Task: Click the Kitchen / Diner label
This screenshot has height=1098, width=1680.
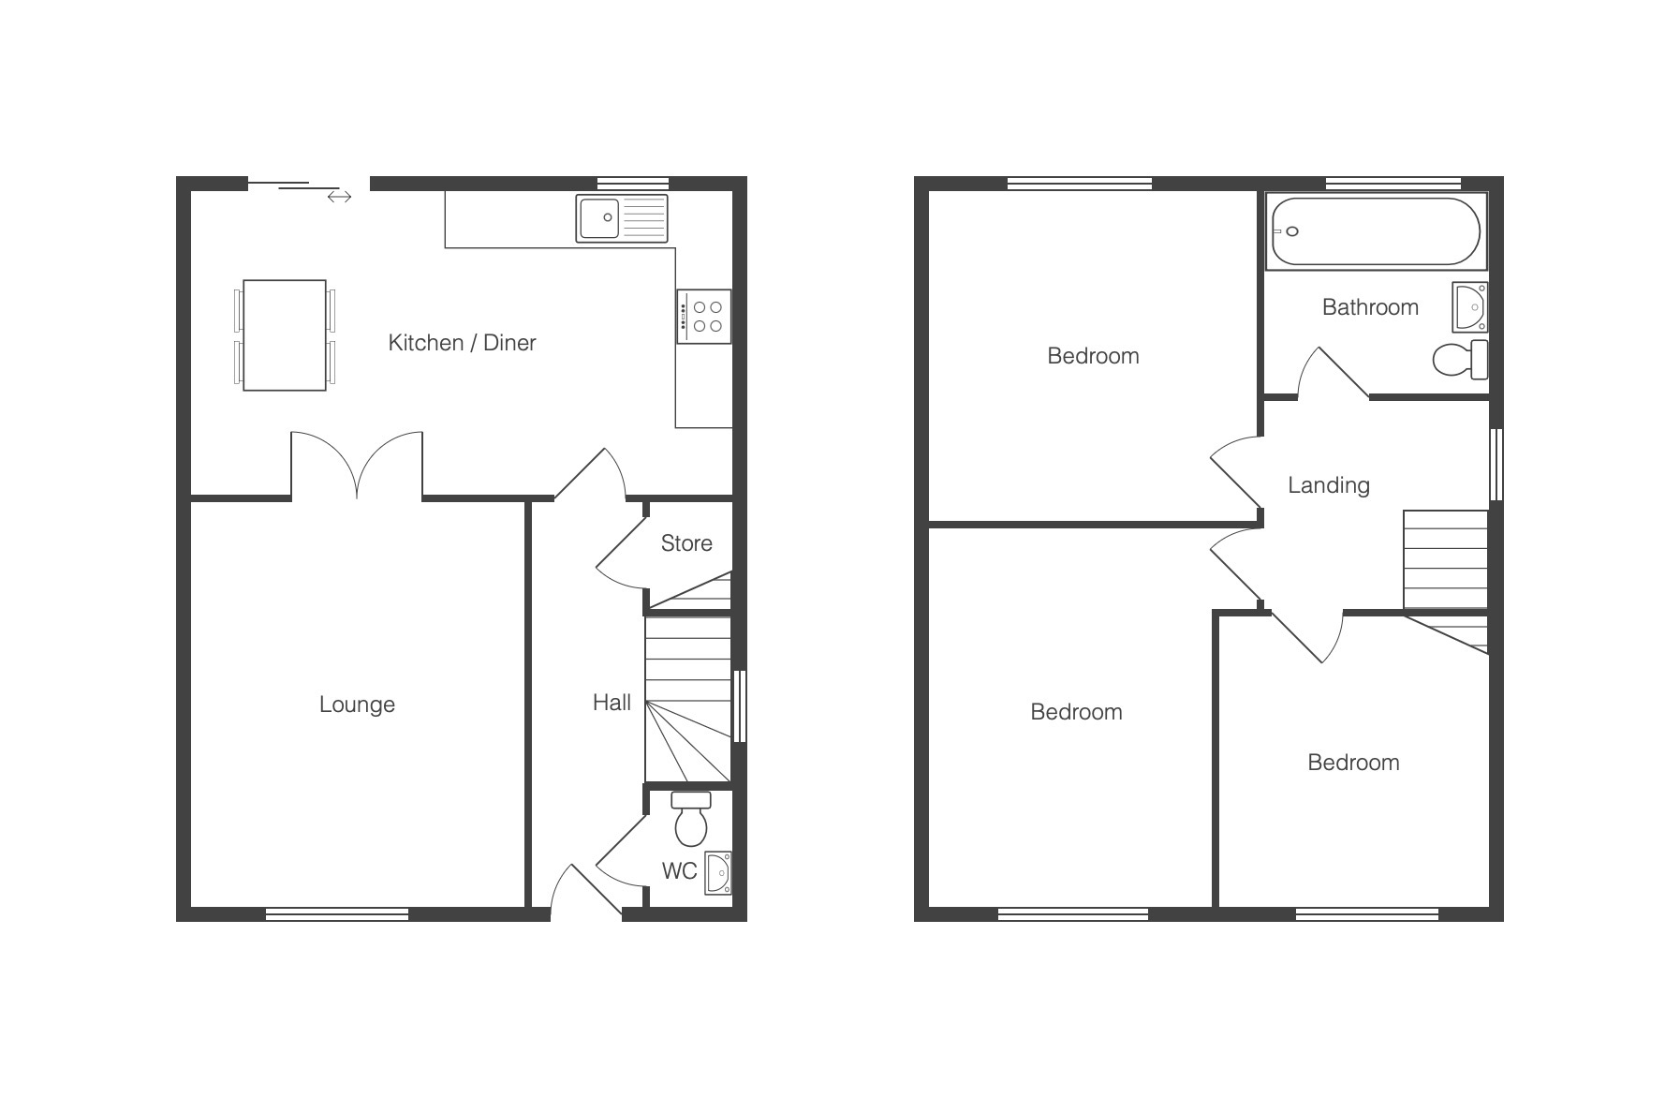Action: (x=462, y=343)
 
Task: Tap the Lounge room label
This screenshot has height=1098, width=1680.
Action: (x=357, y=705)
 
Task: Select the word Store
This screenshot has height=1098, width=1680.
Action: (x=686, y=543)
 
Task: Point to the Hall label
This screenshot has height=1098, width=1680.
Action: (x=612, y=703)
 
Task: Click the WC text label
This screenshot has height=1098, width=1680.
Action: (x=679, y=871)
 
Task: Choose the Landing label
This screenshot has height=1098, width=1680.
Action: (x=1329, y=485)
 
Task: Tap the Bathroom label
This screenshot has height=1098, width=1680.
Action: (x=1370, y=307)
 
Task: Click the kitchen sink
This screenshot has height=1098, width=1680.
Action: (x=622, y=219)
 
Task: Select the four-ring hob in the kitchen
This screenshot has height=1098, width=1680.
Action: (x=704, y=317)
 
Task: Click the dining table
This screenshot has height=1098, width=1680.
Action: (x=285, y=335)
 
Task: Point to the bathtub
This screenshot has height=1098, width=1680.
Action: (x=1375, y=231)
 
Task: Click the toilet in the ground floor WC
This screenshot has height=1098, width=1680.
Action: (x=691, y=819)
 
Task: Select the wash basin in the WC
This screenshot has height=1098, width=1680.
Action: (x=718, y=873)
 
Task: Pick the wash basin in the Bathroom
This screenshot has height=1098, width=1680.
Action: (x=1470, y=307)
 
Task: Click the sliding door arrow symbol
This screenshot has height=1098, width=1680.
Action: (x=339, y=197)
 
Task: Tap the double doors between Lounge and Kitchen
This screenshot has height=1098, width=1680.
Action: (x=357, y=466)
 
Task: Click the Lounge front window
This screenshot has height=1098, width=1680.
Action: (x=337, y=914)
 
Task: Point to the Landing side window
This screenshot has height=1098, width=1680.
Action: (x=1496, y=465)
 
